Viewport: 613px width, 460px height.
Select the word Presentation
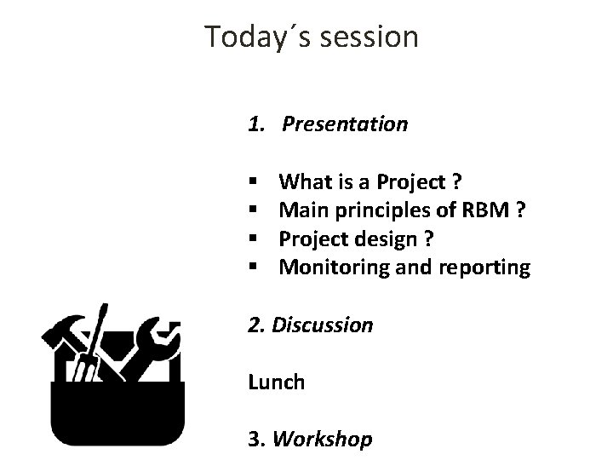[345, 124]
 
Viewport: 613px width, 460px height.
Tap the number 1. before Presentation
[256, 124]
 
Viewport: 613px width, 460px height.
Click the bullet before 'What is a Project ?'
[253, 183]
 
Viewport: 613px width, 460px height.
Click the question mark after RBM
[520, 211]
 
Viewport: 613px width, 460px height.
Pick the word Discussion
[323, 325]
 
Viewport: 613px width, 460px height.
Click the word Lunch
[276, 382]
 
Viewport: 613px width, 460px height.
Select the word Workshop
[324, 440]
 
